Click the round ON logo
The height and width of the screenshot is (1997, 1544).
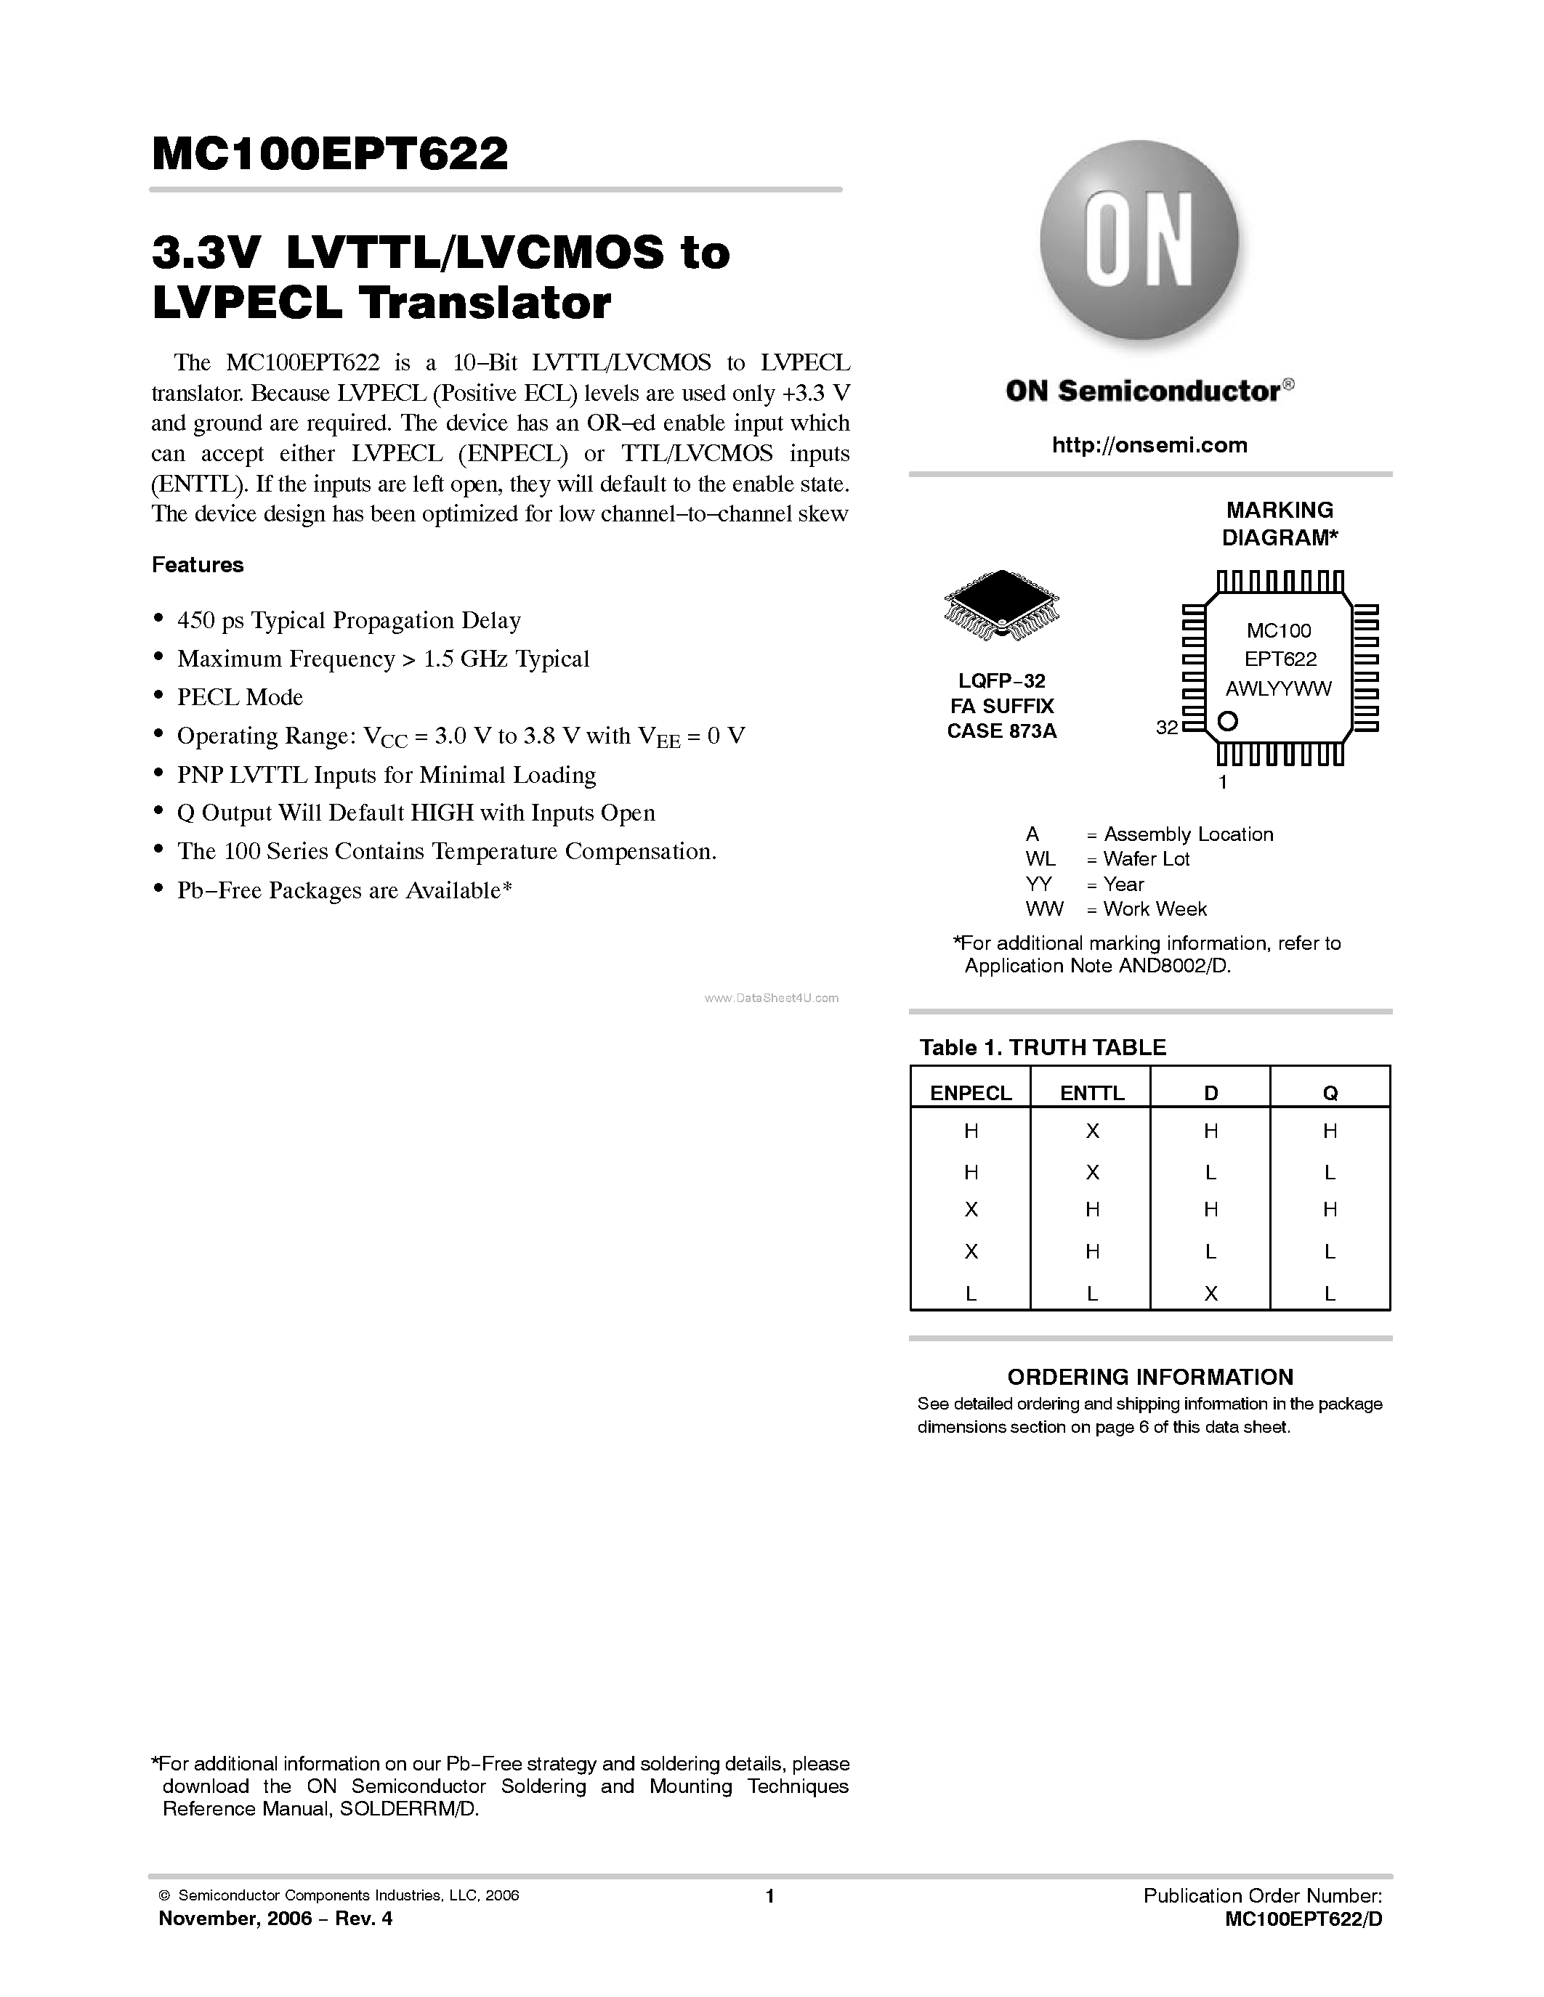(1139, 240)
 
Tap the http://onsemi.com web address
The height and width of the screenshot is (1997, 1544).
(1149, 445)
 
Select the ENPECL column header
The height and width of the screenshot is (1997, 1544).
(971, 1093)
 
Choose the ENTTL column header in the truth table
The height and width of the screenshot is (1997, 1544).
(1091, 1093)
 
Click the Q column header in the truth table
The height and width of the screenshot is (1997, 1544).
(1330, 1093)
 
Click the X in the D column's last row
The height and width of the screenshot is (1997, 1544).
(1210, 1293)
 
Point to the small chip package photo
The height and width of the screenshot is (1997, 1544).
(1001, 604)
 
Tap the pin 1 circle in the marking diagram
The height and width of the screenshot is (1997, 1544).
(1229, 720)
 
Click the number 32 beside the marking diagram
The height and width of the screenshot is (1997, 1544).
(1166, 728)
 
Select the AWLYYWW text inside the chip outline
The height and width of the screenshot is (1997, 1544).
(1279, 688)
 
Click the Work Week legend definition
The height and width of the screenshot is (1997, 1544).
(1155, 909)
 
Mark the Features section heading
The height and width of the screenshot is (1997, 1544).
(198, 564)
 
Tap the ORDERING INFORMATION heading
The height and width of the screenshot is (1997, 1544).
(1149, 1377)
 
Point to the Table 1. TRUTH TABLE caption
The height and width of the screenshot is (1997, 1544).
(1043, 1048)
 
